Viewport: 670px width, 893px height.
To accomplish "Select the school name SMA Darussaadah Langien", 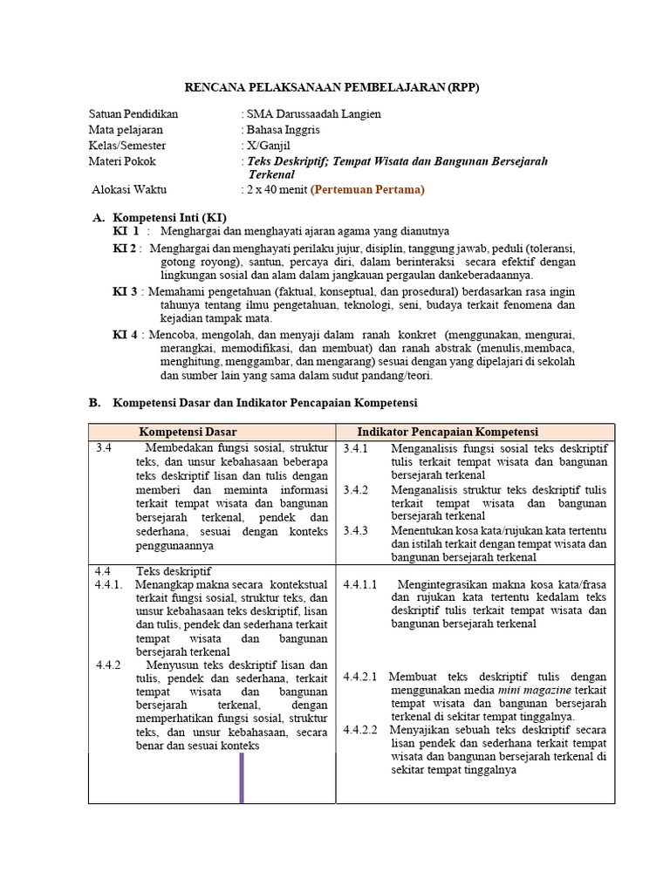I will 313,114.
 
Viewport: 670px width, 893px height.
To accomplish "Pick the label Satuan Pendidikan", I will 133,114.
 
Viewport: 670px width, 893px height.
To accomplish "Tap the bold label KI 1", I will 126,231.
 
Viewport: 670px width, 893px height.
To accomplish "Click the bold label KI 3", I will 126,291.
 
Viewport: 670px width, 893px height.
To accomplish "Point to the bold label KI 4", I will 126,335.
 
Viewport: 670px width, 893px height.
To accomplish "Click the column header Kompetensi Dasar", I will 188,432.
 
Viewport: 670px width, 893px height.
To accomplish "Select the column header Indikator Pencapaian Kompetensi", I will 448,432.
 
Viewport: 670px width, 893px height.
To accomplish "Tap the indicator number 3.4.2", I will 356,489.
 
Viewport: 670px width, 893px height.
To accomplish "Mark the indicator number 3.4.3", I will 356,530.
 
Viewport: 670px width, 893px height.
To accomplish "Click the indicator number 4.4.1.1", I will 360,584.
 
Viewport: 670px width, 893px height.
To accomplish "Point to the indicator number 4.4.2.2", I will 360,730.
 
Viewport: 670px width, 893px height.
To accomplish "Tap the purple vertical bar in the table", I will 242,777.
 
